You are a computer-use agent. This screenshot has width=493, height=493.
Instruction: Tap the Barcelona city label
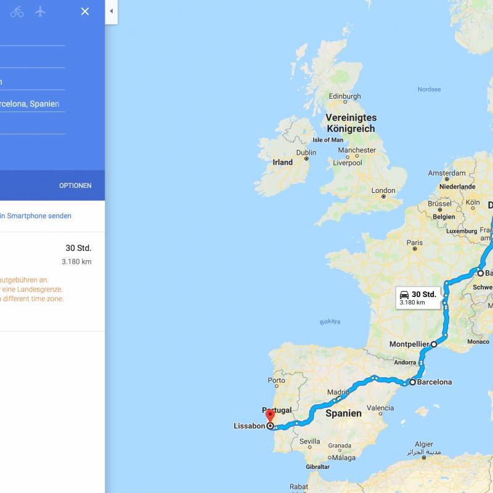click(434, 382)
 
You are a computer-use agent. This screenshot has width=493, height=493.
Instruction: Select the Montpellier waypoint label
click(409, 344)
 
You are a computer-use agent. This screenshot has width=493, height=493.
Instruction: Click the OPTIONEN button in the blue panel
click(75, 185)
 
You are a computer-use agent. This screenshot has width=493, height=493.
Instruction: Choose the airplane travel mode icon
click(41, 11)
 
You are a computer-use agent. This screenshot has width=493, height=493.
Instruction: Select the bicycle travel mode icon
click(17, 11)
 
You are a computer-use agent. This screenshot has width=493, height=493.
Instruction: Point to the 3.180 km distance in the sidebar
click(76, 262)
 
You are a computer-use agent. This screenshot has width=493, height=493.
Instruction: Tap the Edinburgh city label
click(344, 96)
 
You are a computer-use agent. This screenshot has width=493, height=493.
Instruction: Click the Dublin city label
click(306, 153)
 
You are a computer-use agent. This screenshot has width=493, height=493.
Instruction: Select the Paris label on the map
click(414, 243)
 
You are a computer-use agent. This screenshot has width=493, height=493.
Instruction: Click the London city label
click(383, 190)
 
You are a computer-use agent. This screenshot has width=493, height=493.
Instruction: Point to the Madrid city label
click(338, 392)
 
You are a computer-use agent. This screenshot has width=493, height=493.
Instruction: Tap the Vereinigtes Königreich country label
click(351, 123)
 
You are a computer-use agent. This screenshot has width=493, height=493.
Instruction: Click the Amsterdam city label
click(447, 173)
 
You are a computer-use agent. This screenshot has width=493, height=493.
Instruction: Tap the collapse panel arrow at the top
click(111, 11)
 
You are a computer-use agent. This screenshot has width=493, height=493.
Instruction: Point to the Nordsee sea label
click(429, 89)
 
